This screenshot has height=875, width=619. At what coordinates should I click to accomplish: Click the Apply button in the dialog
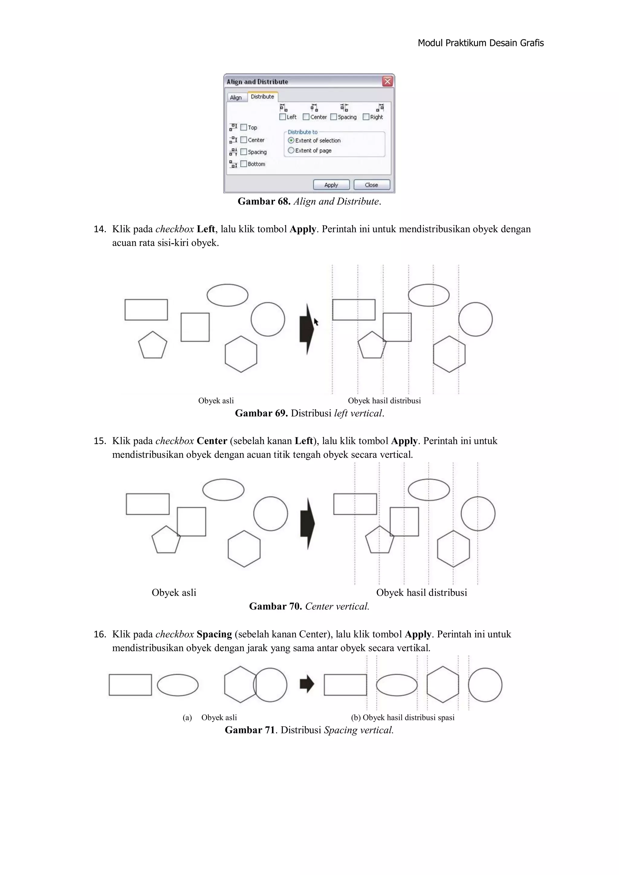[331, 185]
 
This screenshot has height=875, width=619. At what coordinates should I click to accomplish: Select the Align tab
[236, 98]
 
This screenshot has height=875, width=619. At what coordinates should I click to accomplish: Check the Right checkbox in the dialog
[366, 117]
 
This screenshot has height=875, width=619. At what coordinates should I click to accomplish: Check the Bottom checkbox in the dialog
[244, 164]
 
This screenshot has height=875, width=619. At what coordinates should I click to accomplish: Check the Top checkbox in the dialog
[244, 127]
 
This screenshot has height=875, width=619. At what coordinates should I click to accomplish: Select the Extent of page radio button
[291, 151]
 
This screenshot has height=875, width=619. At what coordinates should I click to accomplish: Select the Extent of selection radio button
[291, 140]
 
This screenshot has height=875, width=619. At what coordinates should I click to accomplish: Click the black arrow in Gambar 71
[307, 684]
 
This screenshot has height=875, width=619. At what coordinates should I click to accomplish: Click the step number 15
[99, 441]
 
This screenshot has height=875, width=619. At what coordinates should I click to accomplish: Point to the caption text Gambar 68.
[264, 202]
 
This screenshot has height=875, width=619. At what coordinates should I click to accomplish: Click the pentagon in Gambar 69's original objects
[152, 346]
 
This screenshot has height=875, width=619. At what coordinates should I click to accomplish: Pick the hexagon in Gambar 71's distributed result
[442, 685]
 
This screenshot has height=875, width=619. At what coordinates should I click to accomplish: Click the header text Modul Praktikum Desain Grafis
[480, 43]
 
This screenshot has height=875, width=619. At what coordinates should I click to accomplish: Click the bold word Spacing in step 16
[214, 634]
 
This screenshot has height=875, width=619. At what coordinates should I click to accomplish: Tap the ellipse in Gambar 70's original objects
[223, 490]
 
